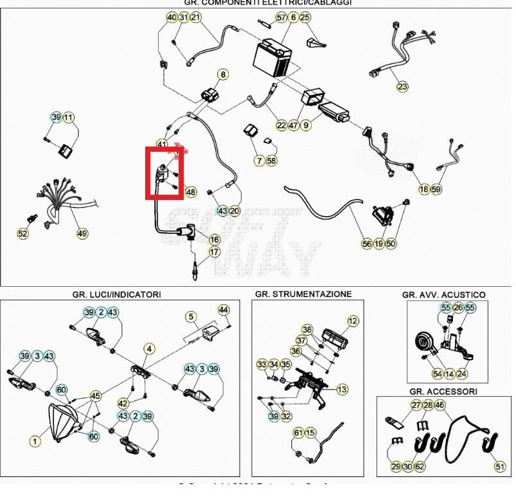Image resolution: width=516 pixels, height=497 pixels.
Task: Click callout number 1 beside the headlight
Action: pos(35,441)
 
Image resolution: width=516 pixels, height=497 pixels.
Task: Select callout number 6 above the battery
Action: pos(293,17)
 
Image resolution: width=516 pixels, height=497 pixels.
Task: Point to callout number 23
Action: pos(402,86)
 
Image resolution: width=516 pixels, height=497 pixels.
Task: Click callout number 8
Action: pos(223,75)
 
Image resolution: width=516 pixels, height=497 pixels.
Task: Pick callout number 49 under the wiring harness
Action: pos(82,233)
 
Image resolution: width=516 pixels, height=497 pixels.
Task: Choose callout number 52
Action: pos(22,233)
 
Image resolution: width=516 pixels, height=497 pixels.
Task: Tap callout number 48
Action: pos(191,192)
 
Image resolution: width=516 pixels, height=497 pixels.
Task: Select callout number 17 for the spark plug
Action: pos(215,253)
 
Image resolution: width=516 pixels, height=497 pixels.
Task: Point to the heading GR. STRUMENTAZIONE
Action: pos(303,294)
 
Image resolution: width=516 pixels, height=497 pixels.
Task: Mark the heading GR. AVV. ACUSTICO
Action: pos(443,294)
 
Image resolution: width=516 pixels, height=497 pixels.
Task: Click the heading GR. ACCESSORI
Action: pos(443,391)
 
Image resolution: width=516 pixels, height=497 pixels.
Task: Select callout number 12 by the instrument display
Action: pos(353,321)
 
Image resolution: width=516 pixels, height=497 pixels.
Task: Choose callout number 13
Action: pos(342,390)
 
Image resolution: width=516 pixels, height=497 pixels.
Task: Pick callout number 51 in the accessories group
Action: pos(500,466)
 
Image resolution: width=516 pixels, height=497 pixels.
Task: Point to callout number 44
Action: pos(224,310)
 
